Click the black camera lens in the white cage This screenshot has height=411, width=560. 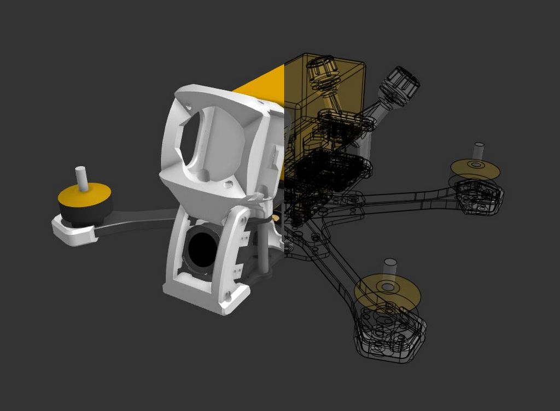[202, 249]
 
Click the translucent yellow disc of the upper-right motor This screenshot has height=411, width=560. [475, 170]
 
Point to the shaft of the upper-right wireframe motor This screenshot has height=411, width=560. [479, 150]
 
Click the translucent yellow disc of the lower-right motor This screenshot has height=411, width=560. [387, 292]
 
